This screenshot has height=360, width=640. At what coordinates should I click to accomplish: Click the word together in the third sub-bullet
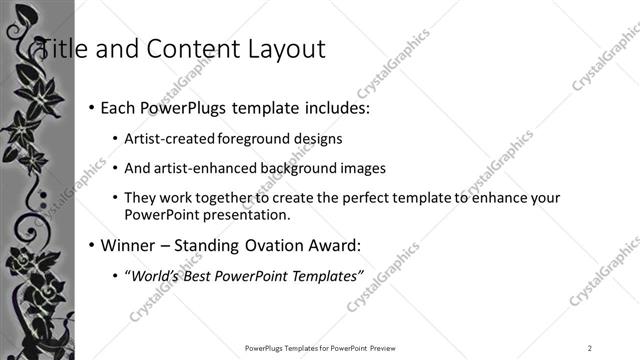point(240,198)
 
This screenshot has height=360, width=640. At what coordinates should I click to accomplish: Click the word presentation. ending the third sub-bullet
point(244,214)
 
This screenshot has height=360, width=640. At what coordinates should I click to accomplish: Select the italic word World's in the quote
point(155,277)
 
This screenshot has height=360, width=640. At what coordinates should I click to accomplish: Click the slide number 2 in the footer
point(590,348)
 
